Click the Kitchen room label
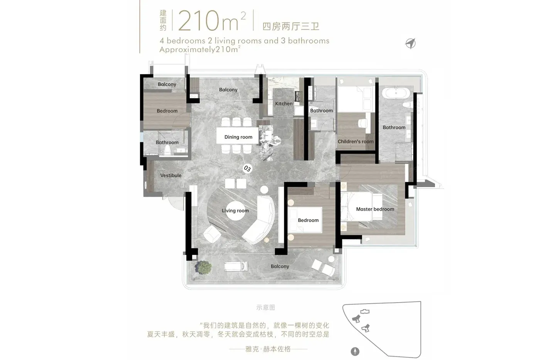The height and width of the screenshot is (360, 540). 284,104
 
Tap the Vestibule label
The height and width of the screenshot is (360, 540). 170,176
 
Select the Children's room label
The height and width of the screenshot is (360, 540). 356,142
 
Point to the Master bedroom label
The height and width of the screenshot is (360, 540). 375,209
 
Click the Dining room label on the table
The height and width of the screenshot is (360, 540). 238,137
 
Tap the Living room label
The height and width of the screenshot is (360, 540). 235,211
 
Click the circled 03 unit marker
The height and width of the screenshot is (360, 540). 247,169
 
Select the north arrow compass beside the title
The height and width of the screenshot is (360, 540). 410,43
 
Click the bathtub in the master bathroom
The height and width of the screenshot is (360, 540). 396,93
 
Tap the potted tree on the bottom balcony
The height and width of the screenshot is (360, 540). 204,267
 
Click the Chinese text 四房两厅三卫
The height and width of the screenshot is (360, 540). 291,26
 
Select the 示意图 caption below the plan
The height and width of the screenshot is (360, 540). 265,308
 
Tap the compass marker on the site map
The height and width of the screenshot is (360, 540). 355,352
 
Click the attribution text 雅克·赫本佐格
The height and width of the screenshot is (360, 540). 268,349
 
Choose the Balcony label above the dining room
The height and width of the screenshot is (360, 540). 228,90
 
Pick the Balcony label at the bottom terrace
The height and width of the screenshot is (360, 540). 280,267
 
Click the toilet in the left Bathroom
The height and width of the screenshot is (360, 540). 167,150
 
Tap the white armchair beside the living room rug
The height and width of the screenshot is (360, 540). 212,234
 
